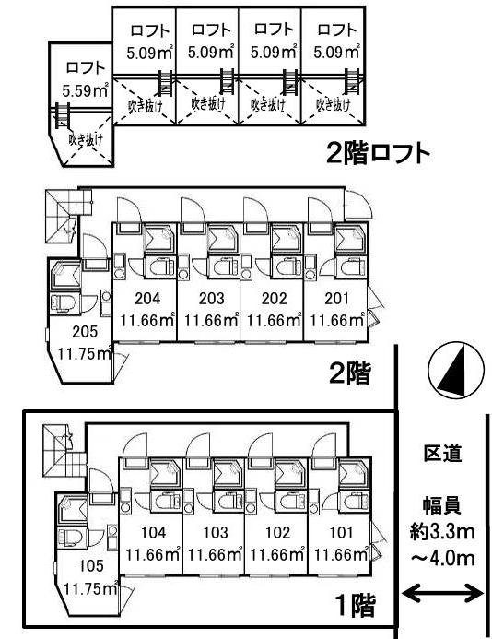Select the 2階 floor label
pyautogui.click(x=350, y=373)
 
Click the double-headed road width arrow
pyautogui.click(x=446, y=592)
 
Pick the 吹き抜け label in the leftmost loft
pyautogui.click(x=86, y=140)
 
